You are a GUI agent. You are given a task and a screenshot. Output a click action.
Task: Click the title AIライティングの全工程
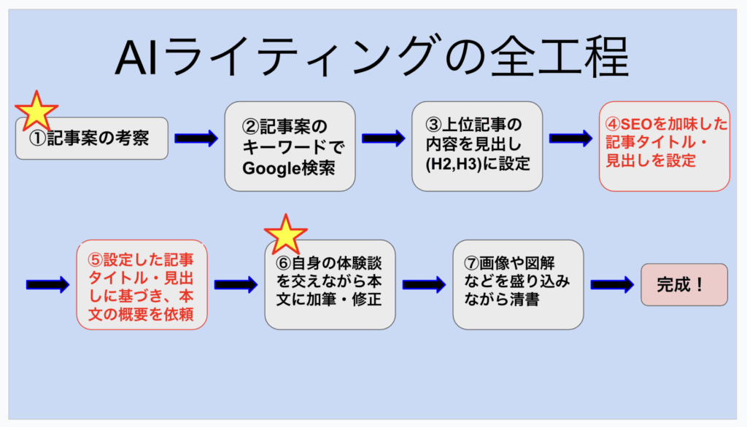[x=372, y=58]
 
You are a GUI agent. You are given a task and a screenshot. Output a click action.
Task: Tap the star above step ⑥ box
[x=285, y=235]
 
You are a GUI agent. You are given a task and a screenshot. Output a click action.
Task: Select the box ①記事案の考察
[x=92, y=138]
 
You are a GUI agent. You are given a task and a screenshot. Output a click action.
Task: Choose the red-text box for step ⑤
[x=142, y=284]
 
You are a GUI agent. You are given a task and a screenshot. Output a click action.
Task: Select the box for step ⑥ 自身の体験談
[x=330, y=284]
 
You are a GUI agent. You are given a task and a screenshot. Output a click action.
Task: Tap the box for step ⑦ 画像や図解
[x=518, y=284]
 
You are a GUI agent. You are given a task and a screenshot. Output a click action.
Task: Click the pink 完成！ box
[x=684, y=284]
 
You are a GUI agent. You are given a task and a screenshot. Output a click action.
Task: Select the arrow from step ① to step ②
[x=196, y=138]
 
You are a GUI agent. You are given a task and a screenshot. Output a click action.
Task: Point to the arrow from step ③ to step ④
[x=570, y=138]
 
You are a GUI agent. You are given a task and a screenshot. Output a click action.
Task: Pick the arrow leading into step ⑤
[x=47, y=285]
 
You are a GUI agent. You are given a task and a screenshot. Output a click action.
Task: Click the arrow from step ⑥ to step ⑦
[x=424, y=285]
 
